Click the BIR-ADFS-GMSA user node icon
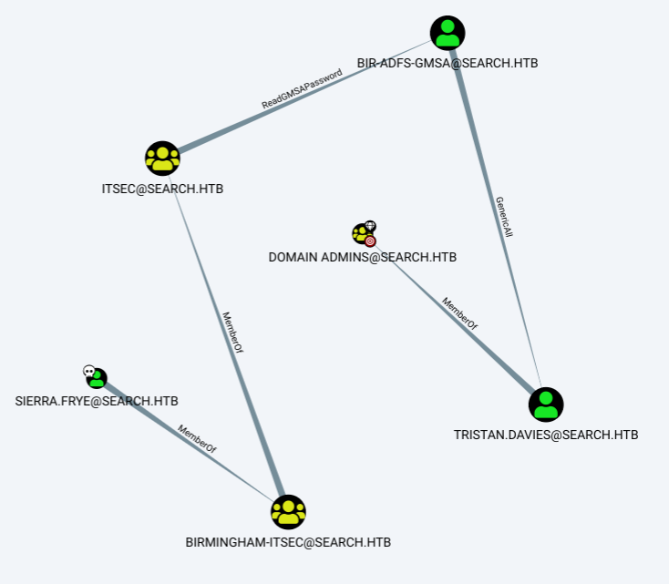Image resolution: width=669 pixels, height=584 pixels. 447,33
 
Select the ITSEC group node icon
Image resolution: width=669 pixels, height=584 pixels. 162,159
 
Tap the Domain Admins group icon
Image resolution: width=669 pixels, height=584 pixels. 360,233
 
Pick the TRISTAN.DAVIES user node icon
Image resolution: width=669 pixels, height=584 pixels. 546,404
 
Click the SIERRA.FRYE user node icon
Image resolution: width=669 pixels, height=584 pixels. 97,378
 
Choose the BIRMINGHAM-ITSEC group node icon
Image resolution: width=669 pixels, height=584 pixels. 288,511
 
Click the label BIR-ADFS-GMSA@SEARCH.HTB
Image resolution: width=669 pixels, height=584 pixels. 447,64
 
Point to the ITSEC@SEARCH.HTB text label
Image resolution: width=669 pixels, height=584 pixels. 162,190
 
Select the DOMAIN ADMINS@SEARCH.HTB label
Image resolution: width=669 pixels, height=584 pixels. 362,258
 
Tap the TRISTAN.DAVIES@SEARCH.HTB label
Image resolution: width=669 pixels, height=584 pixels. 546,435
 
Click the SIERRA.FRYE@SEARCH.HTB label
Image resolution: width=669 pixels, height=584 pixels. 97,401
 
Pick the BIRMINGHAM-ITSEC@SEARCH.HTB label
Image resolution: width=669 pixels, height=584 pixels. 288,542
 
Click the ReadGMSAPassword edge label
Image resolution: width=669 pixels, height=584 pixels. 302,89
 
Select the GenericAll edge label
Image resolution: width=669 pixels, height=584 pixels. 503,216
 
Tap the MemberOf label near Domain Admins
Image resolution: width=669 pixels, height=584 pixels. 459,311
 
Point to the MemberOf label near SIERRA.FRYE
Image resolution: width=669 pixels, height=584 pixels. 197,438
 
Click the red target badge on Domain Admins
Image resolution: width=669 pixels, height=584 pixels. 370,241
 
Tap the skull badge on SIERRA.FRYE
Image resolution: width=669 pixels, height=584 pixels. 88,371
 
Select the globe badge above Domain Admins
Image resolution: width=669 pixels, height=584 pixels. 370,226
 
